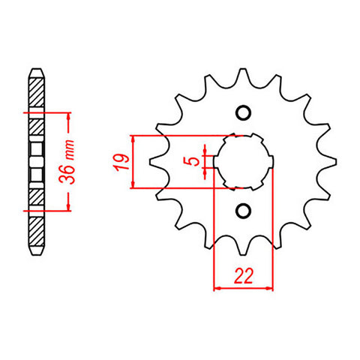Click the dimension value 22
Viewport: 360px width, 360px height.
[242, 276]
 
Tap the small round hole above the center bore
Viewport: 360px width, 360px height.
[242, 113]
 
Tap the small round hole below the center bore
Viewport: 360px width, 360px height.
[242, 210]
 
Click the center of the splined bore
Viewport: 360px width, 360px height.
[242, 161]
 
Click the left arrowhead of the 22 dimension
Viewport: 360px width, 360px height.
[217, 287]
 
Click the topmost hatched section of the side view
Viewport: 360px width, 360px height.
[37, 94]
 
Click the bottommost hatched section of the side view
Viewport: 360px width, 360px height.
[37, 229]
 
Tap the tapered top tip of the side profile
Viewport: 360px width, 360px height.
[37, 70]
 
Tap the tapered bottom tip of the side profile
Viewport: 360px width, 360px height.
[37, 253]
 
